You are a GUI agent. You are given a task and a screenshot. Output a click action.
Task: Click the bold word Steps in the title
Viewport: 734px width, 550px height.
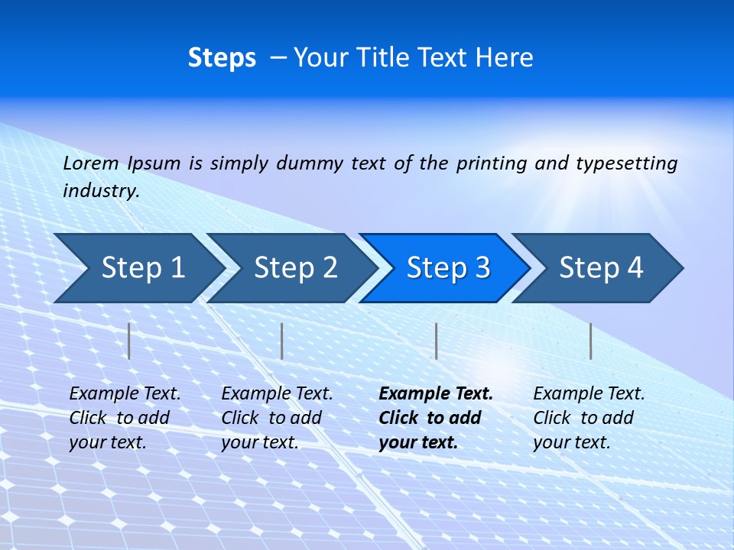[222, 58]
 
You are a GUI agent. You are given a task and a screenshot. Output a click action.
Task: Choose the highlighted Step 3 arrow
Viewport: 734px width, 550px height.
[448, 268]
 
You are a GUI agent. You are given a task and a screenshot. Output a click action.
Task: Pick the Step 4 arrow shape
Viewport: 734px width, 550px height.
[601, 268]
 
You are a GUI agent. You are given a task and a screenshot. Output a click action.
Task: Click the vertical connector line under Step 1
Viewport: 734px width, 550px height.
[129, 341]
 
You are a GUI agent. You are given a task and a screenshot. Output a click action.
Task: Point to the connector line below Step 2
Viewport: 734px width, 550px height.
[282, 341]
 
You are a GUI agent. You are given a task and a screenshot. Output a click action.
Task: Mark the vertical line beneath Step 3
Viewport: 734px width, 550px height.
[436, 341]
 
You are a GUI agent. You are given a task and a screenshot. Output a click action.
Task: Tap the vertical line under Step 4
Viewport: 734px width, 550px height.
[590, 341]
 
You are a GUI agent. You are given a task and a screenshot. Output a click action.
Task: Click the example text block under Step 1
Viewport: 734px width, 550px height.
[125, 418]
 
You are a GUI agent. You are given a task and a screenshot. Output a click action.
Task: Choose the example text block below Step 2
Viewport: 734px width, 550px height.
[277, 418]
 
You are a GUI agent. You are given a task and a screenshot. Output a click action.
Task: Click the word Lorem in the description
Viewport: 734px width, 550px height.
[91, 163]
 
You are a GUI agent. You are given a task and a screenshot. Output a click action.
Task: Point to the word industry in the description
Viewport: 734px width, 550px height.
[101, 191]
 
